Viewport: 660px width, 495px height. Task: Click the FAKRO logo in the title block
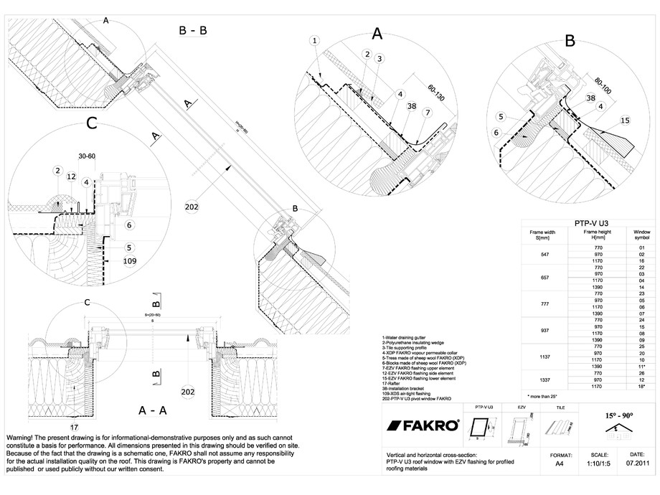[423, 425]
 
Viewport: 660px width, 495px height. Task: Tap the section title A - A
[152, 411]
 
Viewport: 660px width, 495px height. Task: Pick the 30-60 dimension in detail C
[88, 155]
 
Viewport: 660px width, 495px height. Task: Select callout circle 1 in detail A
[315, 41]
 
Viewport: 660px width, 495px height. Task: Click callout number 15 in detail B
[624, 121]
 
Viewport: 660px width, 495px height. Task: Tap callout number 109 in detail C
[129, 261]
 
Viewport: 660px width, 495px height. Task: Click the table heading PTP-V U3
[592, 223]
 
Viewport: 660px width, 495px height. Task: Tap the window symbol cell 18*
[641, 387]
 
